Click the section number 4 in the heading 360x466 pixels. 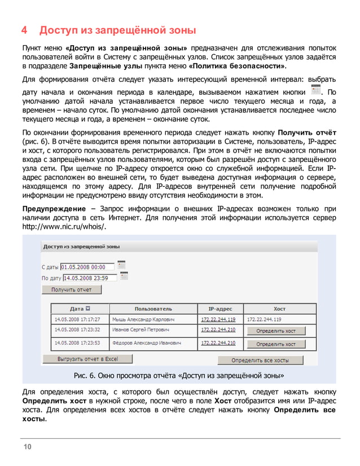(x=25, y=29)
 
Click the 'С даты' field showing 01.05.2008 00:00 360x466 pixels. (x=87, y=266)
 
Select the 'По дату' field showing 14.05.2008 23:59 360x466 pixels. (x=90, y=278)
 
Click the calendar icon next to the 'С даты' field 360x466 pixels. (x=121, y=265)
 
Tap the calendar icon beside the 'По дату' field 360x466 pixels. (x=124, y=276)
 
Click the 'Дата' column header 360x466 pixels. (x=80, y=309)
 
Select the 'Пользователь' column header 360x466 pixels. (x=153, y=309)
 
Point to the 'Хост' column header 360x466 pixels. (x=279, y=309)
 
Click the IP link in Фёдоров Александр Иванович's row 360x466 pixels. (x=218, y=342)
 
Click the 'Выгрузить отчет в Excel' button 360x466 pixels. (x=87, y=358)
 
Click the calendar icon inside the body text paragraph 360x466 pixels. (x=316, y=91)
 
